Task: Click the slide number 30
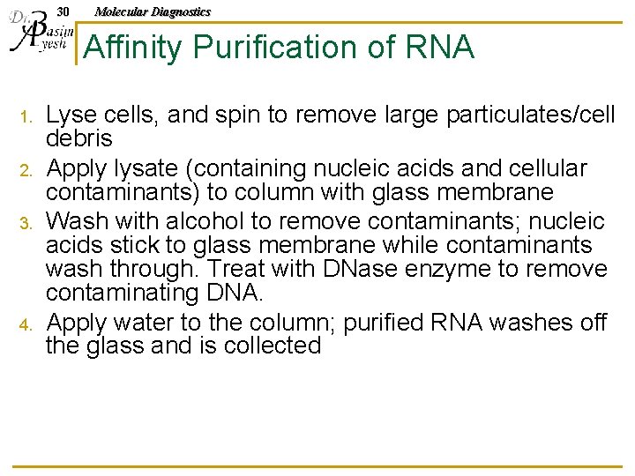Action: pyautogui.click(x=62, y=11)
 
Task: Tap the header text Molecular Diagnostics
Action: pyautogui.click(x=153, y=11)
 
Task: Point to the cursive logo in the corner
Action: pyautogui.click(x=36, y=35)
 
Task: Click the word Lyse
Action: pyautogui.click(x=72, y=115)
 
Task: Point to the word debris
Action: pyautogui.click(x=79, y=139)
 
